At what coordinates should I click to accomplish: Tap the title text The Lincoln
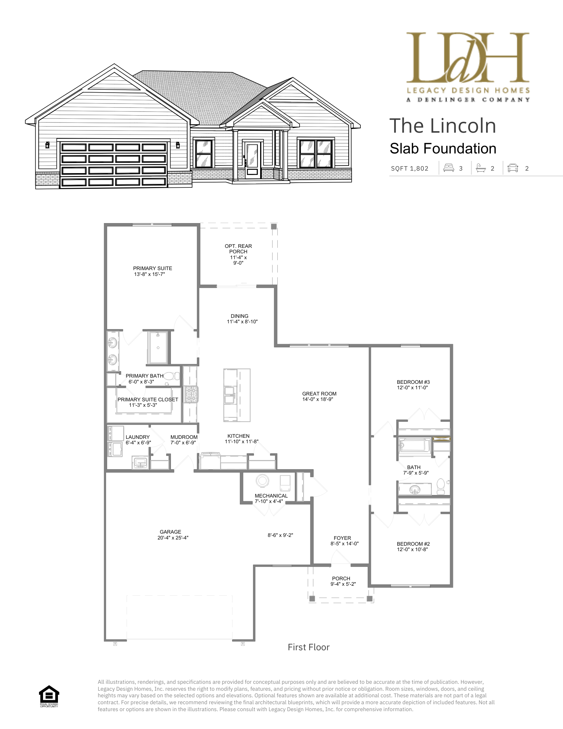(442, 126)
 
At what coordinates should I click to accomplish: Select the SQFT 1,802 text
(410, 168)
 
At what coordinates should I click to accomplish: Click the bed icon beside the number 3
(449, 168)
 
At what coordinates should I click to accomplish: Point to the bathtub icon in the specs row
(481, 168)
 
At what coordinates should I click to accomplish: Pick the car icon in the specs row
(513, 168)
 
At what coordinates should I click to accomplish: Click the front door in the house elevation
(252, 160)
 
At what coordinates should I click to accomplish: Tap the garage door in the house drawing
(114, 165)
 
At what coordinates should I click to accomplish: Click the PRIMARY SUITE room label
(152, 268)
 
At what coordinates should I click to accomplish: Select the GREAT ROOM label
(319, 394)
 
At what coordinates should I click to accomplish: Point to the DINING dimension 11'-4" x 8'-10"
(242, 322)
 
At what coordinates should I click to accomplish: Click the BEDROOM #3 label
(413, 382)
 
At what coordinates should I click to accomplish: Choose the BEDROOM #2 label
(413, 544)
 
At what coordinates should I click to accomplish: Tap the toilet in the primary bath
(172, 376)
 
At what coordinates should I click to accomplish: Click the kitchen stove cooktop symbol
(191, 394)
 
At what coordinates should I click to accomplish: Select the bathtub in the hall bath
(415, 447)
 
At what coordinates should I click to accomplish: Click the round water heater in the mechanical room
(262, 480)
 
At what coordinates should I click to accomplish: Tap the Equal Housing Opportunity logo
(49, 696)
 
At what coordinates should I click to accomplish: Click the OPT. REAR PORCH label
(238, 249)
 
